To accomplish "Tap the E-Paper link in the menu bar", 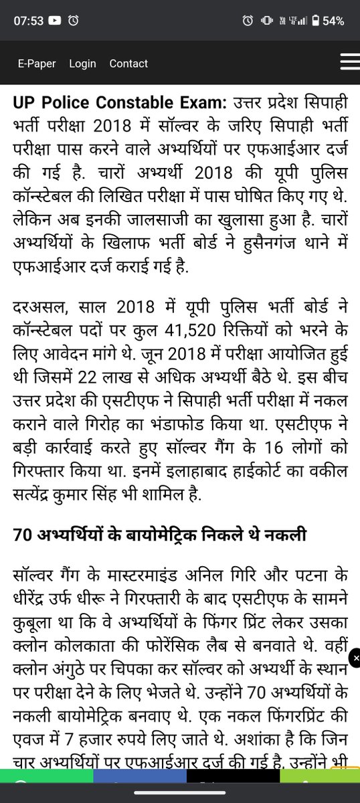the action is point(36,64).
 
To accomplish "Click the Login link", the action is point(82,64).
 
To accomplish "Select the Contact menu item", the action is point(128,64).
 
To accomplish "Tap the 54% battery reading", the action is point(333,21).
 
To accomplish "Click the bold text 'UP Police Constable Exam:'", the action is point(118,103).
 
